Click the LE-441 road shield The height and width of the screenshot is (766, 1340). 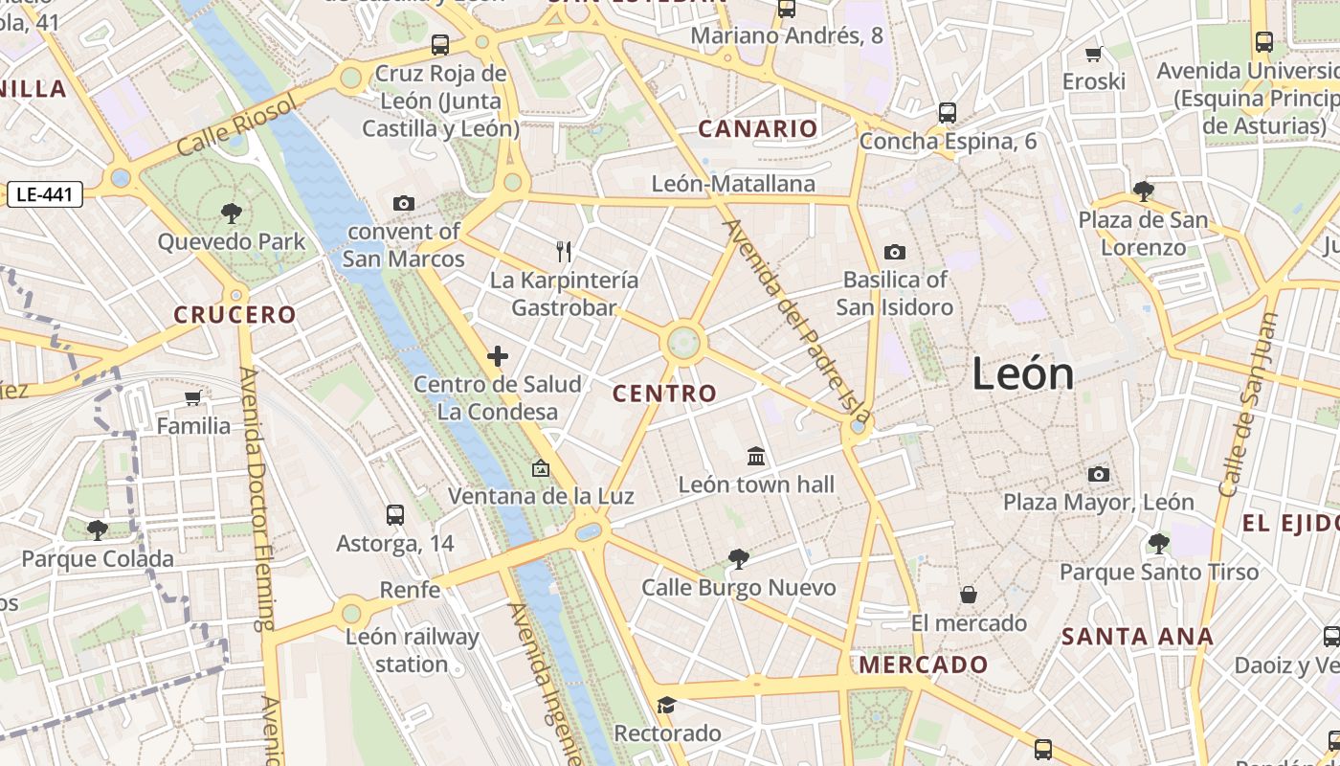click(45, 194)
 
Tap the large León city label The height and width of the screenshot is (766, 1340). click(1022, 373)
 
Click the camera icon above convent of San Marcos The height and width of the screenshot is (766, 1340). click(404, 203)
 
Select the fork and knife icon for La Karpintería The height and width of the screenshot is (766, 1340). click(564, 252)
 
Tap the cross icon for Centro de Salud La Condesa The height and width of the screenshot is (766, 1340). click(498, 357)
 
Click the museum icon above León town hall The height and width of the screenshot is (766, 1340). click(756, 456)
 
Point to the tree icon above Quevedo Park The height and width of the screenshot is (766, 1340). click(231, 213)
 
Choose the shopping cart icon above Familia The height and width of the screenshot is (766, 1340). click(193, 397)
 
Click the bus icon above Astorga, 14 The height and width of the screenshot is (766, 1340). click(394, 515)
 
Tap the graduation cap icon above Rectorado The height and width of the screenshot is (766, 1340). click(666, 706)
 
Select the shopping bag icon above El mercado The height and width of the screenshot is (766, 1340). click(969, 595)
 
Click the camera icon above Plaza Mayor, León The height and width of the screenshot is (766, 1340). click(1099, 474)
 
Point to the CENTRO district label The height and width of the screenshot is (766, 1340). click(664, 394)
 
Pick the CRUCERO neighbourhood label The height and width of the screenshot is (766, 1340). click(235, 315)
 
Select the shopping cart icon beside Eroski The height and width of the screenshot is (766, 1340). click(1094, 54)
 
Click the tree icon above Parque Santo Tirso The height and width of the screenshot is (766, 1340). click(1158, 544)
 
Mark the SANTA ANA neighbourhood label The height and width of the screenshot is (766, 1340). click(1137, 637)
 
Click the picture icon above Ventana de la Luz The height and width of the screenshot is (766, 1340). click(541, 468)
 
